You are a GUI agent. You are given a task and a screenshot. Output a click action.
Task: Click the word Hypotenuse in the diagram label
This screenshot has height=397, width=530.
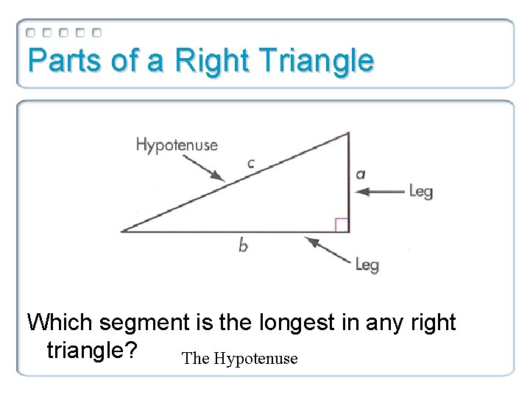177,145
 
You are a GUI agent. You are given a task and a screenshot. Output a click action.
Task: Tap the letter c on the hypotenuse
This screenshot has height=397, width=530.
250,163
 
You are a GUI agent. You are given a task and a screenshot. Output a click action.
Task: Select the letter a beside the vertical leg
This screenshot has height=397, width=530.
360,174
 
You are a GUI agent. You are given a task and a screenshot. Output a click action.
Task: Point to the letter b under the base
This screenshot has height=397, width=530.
243,246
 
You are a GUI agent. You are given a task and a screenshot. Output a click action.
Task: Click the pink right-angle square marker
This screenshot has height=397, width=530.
342,225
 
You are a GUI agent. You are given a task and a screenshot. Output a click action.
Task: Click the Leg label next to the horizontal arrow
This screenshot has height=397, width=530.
420,192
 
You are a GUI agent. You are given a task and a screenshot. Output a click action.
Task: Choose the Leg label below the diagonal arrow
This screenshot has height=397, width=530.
367,264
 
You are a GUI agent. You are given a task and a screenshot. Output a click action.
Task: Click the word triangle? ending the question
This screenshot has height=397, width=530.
91,349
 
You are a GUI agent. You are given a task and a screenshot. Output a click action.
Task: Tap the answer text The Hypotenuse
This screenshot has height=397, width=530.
239,359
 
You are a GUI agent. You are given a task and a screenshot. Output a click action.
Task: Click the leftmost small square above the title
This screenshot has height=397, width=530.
31,32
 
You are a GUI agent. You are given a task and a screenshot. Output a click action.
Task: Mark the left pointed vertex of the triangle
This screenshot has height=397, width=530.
122,232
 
